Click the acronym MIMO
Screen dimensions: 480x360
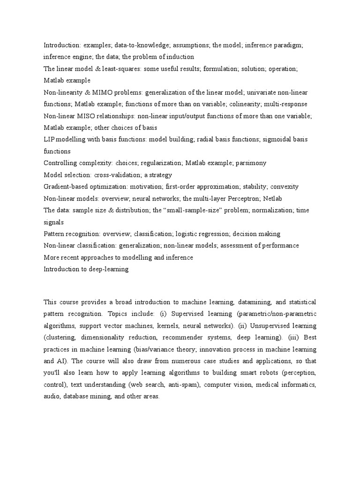click(97, 92)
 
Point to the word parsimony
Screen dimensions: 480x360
click(250, 163)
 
